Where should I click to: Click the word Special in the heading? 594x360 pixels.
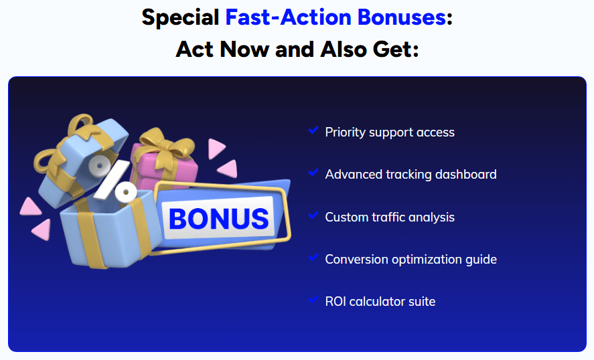[x=180, y=18]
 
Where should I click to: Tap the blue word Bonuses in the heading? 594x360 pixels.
[x=402, y=17]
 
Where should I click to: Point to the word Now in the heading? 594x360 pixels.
[x=244, y=50]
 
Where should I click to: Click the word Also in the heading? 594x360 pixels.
[x=344, y=50]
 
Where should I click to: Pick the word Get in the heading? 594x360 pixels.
[x=393, y=50]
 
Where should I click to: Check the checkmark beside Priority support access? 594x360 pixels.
[x=313, y=130]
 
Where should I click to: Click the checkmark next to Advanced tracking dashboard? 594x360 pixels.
[x=313, y=173]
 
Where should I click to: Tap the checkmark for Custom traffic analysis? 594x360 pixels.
[x=313, y=215]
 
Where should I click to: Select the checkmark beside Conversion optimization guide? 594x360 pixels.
[x=313, y=258]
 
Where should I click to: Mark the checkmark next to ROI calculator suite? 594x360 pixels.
[x=313, y=299]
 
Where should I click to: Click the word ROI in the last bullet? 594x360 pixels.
[x=336, y=302]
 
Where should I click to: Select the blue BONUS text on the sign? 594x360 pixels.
[x=218, y=219]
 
